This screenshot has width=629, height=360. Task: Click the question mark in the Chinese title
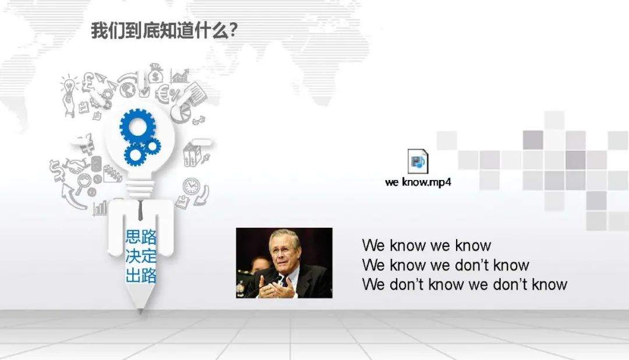[x=232, y=30]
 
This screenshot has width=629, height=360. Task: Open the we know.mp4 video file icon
[x=418, y=162]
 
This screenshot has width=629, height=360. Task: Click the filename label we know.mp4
[x=418, y=182]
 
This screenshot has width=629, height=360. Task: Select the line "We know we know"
[x=426, y=245]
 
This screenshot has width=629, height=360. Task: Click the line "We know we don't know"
[x=446, y=265]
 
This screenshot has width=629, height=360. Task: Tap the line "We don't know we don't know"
[x=465, y=284]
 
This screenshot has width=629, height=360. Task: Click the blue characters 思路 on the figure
[x=141, y=237]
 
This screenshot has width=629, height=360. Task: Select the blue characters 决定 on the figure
[x=141, y=256]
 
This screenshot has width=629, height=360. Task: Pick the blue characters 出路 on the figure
[x=141, y=276]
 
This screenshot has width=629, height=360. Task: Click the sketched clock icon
[x=192, y=186]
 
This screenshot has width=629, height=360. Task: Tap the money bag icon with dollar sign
[x=155, y=73]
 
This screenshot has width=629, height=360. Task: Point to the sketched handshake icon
[x=76, y=165]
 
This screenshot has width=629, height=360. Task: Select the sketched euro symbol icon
[x=162, y=94]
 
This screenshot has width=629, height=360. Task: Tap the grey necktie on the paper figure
[x=140, y=210]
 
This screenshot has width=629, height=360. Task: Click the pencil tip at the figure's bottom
[x=140, y=310]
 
